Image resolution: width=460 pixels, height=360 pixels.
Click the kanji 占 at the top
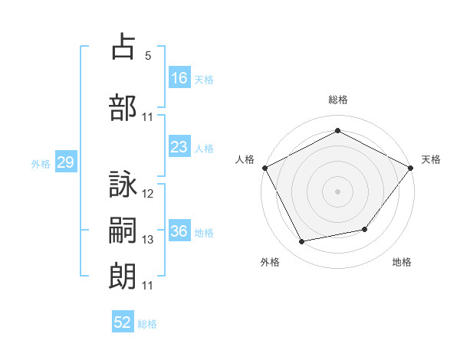tap(123, 46)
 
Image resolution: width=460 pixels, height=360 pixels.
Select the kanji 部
tap(123, 107)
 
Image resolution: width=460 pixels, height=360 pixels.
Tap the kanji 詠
tap(123, 184)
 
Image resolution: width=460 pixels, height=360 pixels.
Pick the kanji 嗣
tap(123, 230)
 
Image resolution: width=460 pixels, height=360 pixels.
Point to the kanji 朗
tap(123, 277)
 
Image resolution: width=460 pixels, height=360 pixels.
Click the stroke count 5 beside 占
tap(148, 56)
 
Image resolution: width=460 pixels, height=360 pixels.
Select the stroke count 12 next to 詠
tap(147, 194)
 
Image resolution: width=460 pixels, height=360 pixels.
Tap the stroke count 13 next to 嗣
tap(147, 240)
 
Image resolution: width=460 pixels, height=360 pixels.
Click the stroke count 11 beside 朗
tap(147, 286)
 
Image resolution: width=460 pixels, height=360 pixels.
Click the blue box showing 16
tap(179, 77)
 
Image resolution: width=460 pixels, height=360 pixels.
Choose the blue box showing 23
tap(179, 146)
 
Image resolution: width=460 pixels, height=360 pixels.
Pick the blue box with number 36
tap(179, 230)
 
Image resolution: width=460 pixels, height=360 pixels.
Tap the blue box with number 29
tap(66, 162)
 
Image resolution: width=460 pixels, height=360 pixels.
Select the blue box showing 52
tap(123, 321)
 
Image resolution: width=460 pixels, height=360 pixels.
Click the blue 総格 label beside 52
tap(147, 324)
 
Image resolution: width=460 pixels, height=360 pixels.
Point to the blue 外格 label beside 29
tap(41, 164)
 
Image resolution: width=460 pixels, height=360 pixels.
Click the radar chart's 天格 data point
tap(410, 168)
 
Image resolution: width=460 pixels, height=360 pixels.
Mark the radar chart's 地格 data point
tap(365, 229)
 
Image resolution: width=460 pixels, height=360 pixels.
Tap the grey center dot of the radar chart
tap(337, 191)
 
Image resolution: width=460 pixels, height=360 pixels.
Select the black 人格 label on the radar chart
tap(245, 159)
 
